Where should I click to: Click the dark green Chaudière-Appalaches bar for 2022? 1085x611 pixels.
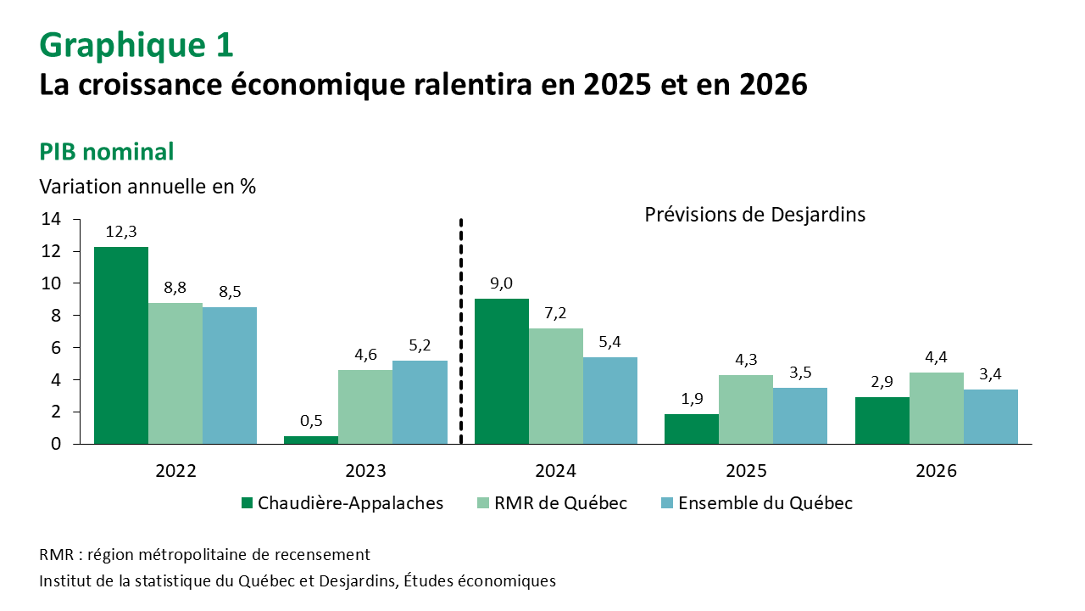tap(121, 345)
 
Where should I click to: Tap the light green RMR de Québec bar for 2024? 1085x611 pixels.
tap(556, 385)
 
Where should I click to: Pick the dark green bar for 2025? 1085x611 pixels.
tap(692, 428)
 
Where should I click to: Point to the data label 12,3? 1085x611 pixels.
tap(121, 232)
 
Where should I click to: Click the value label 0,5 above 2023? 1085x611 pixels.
tap(311, 421)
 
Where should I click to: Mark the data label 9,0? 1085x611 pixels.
tap(502, 283)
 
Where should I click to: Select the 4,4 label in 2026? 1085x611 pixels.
tap(937, 357)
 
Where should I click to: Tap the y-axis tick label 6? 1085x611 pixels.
tap(55, 348)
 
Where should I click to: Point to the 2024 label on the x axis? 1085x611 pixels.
tap(556, 471)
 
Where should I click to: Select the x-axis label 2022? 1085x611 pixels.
tap(175, 471)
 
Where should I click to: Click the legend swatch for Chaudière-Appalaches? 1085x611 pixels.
tap(247, 503)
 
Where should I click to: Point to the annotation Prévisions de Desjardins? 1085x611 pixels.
tap(754, 215)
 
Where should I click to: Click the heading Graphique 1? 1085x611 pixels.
tap(136, 44)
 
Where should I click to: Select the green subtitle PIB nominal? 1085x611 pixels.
tap(107, 152)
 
